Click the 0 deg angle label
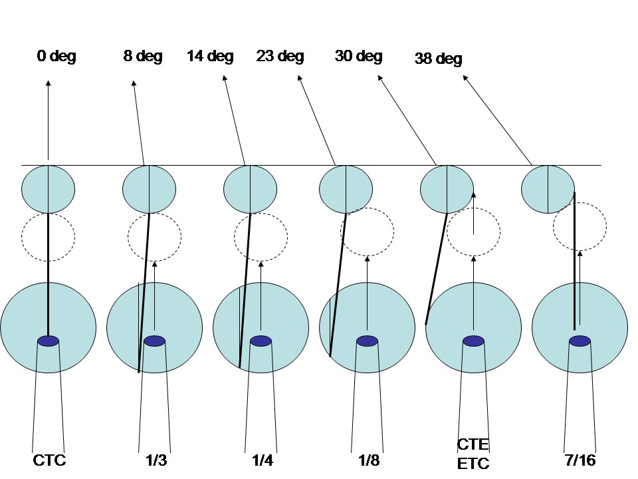coord(56,57)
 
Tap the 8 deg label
coord(143,57)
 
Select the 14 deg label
coord(210,57)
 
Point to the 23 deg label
coord(280,57)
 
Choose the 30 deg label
coord(358,57)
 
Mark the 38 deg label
coord(438,59)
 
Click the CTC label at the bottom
coord(49,460)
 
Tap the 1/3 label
coord(155,460)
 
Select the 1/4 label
coord(260,460)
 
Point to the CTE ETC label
coord(473,454)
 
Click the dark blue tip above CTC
coord(49,341)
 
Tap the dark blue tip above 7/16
coord(580,341)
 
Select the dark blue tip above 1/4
coord(261,341)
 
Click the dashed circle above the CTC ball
coord(49,236)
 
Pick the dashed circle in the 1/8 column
coord(367,232)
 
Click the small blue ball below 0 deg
coord(49,189)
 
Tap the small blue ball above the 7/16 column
coord(548,189)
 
